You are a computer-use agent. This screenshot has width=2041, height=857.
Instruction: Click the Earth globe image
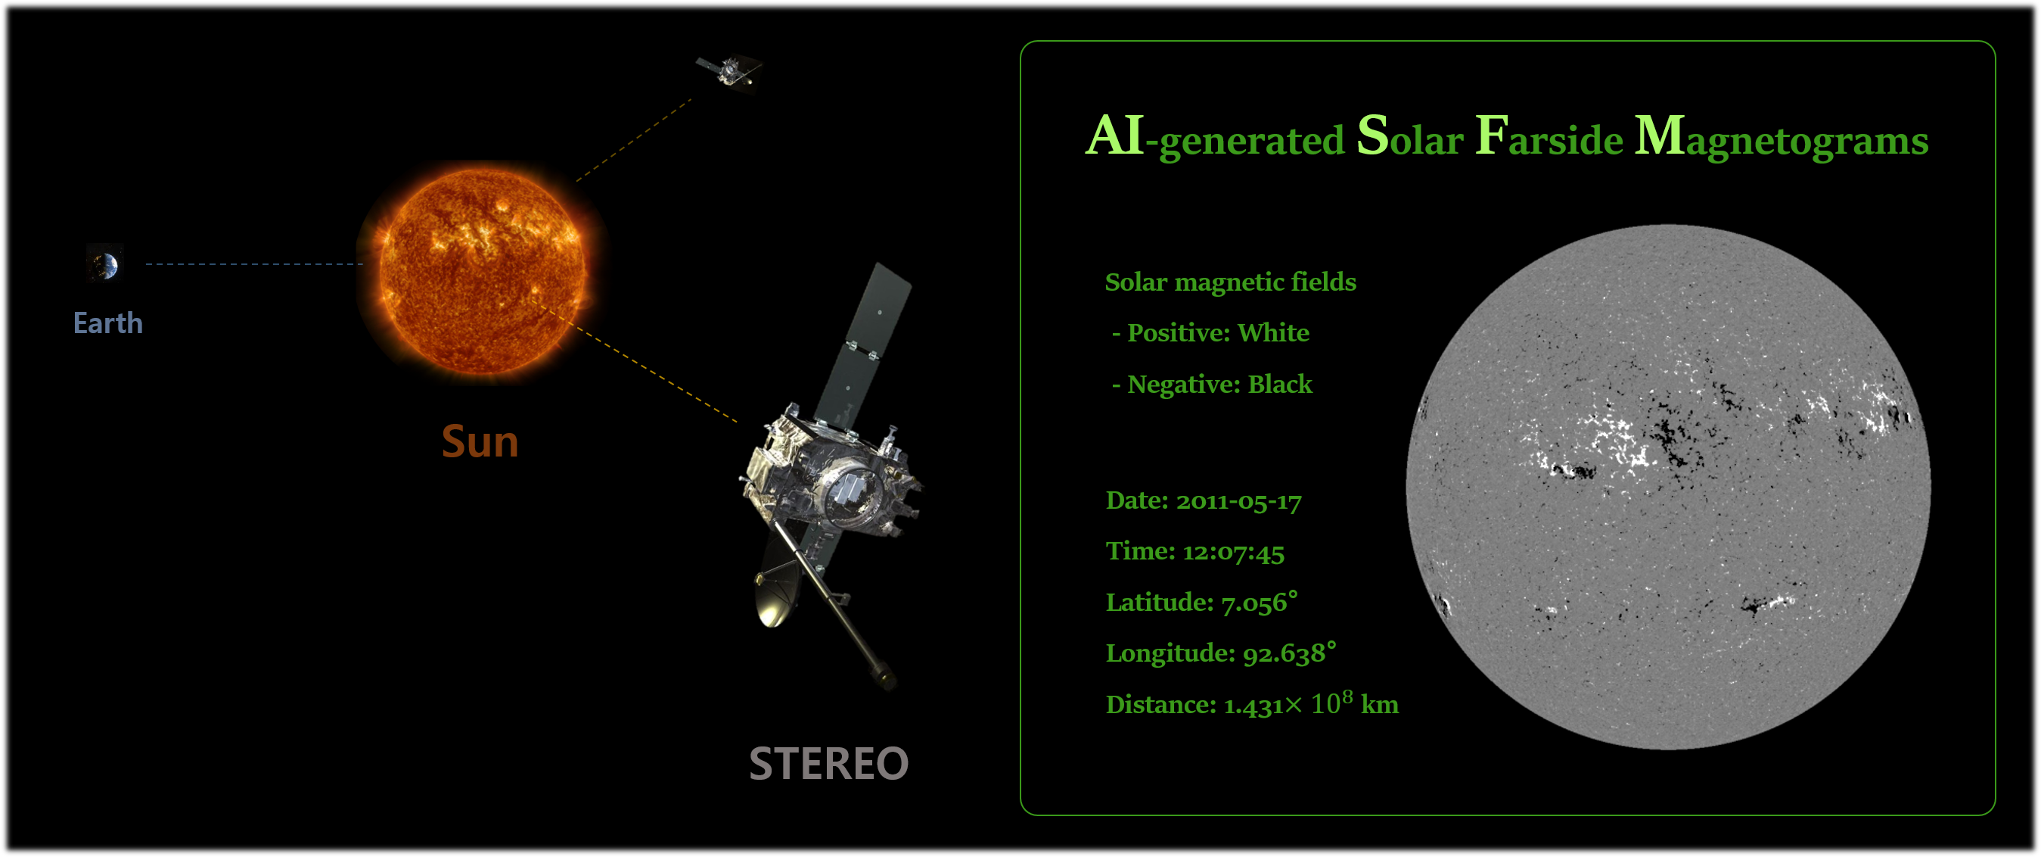[x=104, y=264]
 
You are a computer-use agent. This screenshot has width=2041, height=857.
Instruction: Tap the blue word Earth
[x=107, y=323]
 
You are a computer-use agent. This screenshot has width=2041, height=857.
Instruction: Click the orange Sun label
[x=480, y=441]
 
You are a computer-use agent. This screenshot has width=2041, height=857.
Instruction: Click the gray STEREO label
[x=829, y=763]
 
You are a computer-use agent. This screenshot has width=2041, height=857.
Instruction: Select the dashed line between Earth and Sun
[x=253, y=264]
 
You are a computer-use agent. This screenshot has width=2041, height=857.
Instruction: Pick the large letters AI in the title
[x=1115, y=135]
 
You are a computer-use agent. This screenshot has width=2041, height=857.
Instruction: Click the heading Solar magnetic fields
[x=1231, y=282]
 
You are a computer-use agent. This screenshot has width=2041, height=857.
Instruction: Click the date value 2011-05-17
[x=1238, y=501]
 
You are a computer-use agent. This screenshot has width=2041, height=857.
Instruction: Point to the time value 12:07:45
[x=1234, y=552]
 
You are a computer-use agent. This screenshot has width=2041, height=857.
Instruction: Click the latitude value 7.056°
[x=1260, y=603]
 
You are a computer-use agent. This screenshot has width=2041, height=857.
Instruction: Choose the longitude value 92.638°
[x=1289, y=653]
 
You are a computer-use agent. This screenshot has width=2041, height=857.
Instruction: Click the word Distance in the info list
[x=1160, y=704]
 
